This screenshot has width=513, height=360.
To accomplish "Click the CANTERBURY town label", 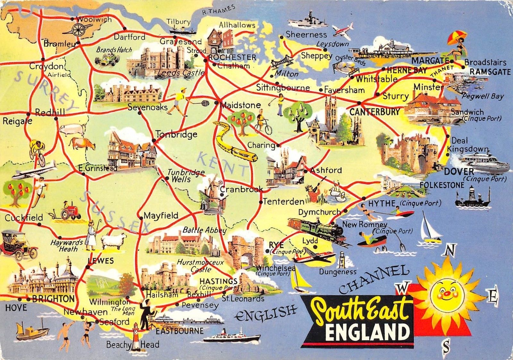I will click(x=374, y=112).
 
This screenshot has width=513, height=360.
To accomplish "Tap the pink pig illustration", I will click(x=73, y=129).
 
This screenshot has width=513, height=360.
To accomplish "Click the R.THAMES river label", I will click(x=219, y=11).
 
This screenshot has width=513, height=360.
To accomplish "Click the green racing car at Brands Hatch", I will click(x=107, y=59).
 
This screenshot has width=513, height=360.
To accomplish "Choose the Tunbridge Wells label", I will click(x=185, y=176).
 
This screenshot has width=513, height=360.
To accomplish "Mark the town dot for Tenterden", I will click(x=261, y=202).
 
